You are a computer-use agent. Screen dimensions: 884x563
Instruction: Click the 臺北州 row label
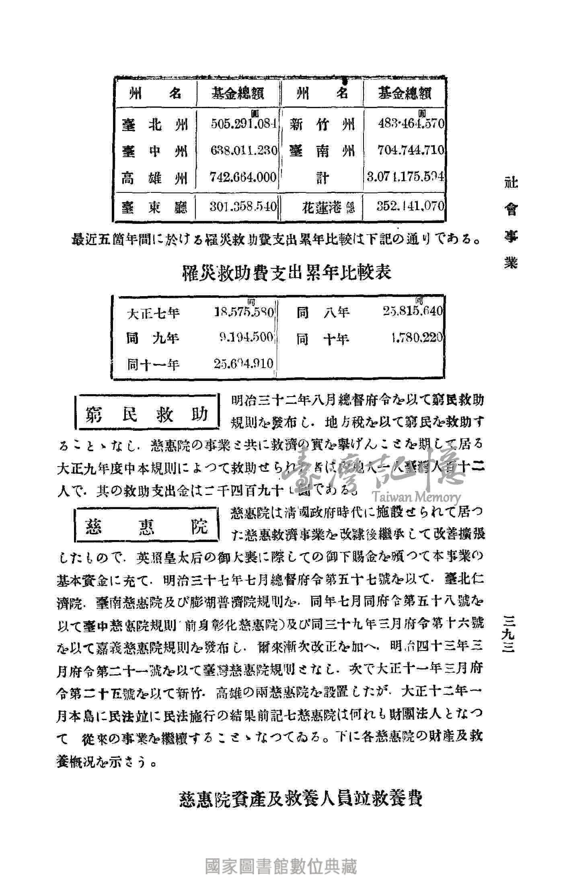tap(155, 125)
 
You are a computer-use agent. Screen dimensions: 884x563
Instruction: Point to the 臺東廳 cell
tap(155, 207)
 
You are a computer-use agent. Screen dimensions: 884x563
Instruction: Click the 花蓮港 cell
tap(328, 207)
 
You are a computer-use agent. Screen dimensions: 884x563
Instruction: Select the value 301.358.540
tap(244, 207)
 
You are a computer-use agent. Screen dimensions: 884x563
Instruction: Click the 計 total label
tap(322, 177)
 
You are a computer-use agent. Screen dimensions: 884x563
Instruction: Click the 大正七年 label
tap(153, 313)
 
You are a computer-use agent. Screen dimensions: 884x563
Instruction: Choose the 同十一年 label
tap(153, 364)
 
